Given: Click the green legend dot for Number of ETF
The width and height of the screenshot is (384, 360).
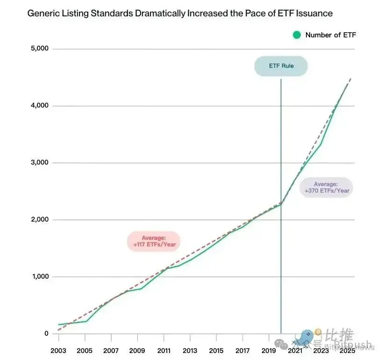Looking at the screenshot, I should click(x=297, y=35).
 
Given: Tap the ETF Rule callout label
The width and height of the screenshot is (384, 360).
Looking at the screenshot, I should click(x=281, y=66).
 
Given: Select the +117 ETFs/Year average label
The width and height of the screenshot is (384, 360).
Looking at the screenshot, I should click(x=154, y=242).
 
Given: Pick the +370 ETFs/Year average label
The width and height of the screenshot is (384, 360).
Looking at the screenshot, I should click(x=327, y=187).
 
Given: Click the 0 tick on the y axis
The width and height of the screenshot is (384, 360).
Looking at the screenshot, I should click(x=46, y=334).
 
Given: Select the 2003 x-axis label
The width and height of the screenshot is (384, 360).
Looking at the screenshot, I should click(x=58, y=351).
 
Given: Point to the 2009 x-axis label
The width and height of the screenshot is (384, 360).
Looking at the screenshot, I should click(x=137, y=351).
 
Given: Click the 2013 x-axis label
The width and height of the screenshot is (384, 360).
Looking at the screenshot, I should click(x=190, y=351).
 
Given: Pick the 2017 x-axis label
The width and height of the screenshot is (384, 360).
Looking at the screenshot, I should click(x=242, y=351).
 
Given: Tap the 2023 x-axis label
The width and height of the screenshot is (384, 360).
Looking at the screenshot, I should click(x=321, y=351).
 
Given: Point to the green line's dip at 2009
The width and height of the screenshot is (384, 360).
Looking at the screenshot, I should click(x=141, y=288).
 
